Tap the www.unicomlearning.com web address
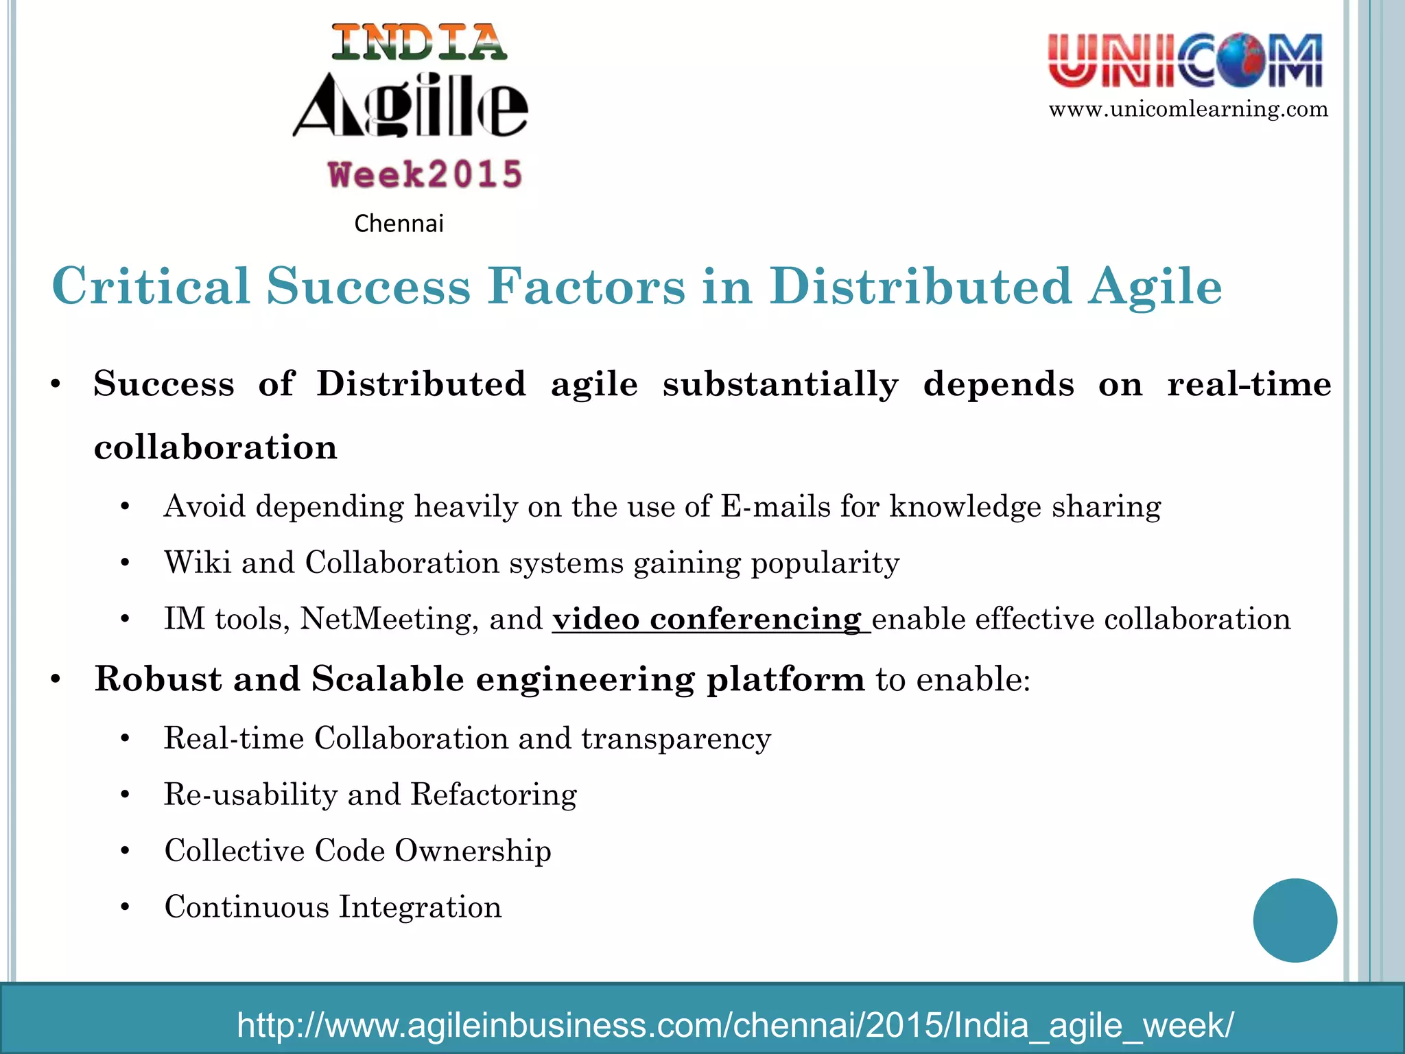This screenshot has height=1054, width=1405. click(1188, 109)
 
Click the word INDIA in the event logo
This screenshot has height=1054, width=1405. click(419, 43)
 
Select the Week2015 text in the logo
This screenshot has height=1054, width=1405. click(425, 174)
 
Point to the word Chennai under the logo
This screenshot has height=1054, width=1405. click(399, 224)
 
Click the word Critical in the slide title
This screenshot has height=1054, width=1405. click(151, 286)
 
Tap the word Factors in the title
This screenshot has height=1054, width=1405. click(586, 286)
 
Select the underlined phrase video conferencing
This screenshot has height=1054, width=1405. click(707, 619)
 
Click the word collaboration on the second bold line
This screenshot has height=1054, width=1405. click(215, 447)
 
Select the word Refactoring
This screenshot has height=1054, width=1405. click(493, 795)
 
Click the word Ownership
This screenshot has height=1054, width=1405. click(473, 851)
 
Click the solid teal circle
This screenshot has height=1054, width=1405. click(1295, 920)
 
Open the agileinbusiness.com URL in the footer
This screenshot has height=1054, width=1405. click(735, 1025)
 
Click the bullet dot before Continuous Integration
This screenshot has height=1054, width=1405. click(125, 908)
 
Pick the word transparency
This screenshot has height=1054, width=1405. click(676, 738)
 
